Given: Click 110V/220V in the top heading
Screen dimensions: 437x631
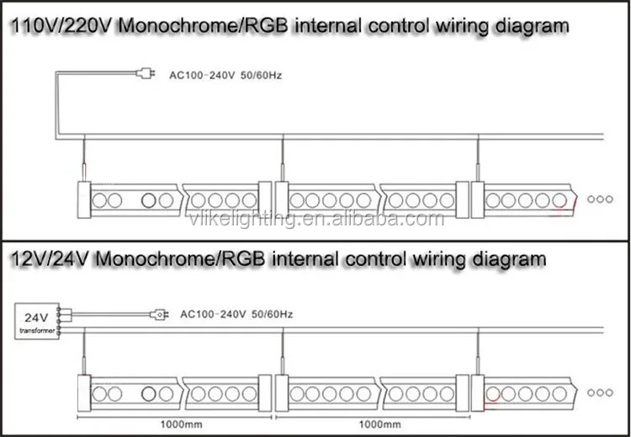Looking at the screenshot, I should [50, 26].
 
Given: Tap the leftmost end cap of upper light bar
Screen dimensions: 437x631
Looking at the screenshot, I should [83, 200].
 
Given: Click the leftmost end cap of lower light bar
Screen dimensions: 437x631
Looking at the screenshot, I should [83, 392].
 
